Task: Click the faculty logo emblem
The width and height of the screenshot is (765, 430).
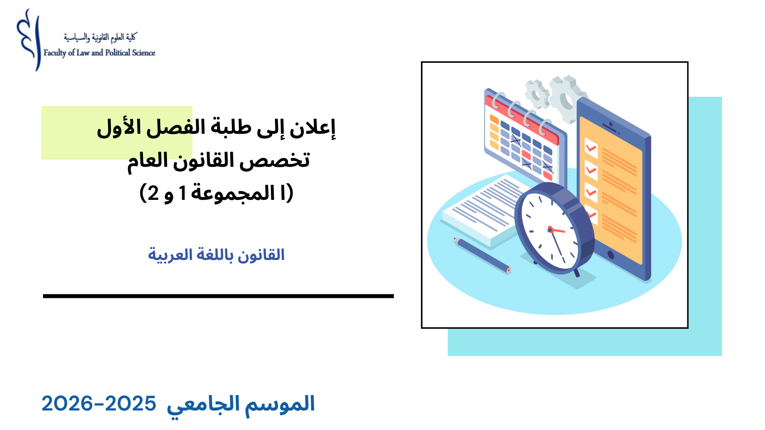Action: point(29,40)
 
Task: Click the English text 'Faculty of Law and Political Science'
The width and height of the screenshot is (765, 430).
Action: point(99,53)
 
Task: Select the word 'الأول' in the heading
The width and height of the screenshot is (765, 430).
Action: point(118,127)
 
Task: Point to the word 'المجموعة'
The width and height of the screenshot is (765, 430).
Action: point(233,194)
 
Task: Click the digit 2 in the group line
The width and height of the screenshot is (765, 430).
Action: point(153,193)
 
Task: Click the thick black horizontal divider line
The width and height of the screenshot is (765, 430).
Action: point(218,296)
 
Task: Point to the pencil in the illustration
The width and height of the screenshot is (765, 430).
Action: point(482,255)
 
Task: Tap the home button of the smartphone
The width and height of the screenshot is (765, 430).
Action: point(610,255)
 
